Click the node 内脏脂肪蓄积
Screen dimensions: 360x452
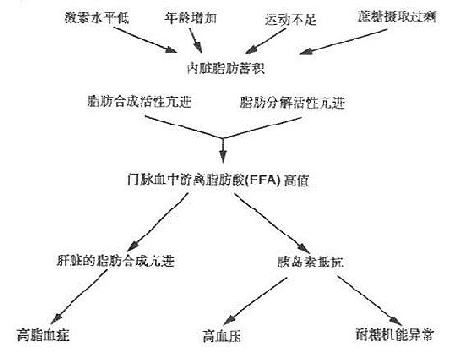[x=225, y=68]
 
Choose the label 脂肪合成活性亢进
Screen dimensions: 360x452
[x=130, y=101]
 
